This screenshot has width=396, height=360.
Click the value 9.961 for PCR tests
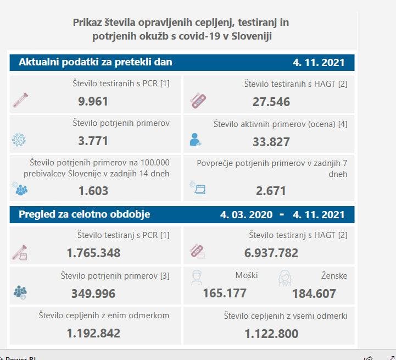(93, 101)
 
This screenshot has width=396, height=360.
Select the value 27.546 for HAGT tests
(271, 102)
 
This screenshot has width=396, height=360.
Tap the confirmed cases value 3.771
(93, 141)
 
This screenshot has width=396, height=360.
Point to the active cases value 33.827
(271, 141)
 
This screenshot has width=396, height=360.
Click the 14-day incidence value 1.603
(93, 191)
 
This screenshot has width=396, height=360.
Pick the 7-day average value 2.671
(271, 191)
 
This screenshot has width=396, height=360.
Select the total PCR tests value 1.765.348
(93, 253)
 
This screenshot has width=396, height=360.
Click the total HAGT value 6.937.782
(271, 253)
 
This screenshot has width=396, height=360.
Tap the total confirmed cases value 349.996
(93, 293)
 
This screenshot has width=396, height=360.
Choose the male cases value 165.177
(225, 293)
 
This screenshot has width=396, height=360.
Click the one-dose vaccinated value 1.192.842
(93, 333)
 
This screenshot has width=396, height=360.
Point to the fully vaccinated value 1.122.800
(271, 334)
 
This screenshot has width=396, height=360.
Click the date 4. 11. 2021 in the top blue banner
(319, 63)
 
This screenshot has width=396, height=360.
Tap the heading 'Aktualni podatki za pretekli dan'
(96, 62)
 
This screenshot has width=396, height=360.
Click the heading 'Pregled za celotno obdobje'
(85, 214)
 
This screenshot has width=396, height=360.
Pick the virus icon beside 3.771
(19, 140)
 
